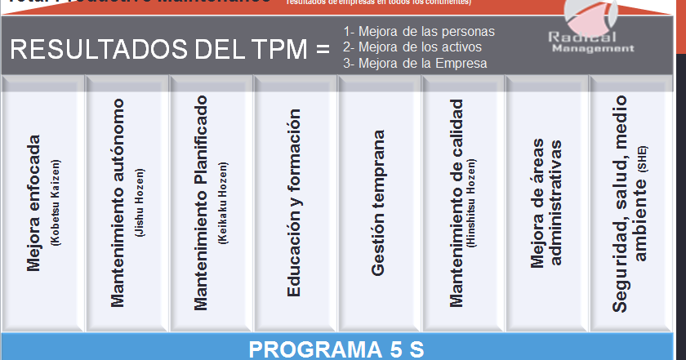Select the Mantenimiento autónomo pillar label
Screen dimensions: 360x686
pos(118,203)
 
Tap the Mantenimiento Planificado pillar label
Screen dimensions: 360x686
pos(202,202)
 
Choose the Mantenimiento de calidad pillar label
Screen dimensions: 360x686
pos(456,203)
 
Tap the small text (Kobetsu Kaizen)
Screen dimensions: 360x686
pos(56,202)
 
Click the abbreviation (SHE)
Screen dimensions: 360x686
pos(642,157)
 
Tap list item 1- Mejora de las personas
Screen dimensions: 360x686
pos(419,31)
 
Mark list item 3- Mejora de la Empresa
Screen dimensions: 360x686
pos(415,63)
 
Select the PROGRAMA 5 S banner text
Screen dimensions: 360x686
pos(336,349)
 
